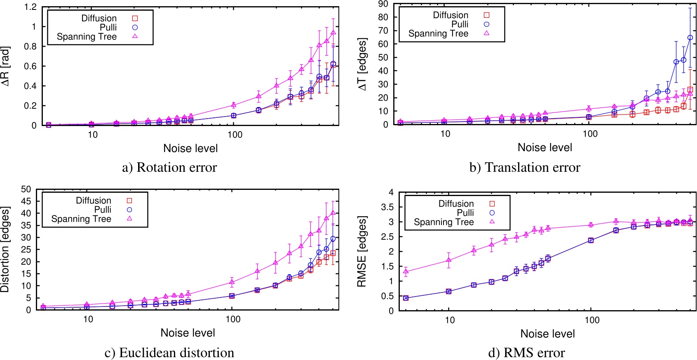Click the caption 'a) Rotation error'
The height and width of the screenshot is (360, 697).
click(169, 167)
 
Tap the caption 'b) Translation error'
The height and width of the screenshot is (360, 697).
click(524, 167)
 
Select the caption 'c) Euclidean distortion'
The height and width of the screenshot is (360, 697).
click(169, 353)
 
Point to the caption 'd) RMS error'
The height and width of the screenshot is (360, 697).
click(526, 353)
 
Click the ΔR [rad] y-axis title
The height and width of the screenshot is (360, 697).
click(5, 66)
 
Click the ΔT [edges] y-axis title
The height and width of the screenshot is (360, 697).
click(362, 64)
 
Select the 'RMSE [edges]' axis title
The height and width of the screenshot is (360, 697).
click(361, 251)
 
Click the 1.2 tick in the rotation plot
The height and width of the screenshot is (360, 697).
click(31, 7)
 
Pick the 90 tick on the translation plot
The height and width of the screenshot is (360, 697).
click(383, 4)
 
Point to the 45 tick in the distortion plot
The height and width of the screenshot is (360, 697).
click(26, 201)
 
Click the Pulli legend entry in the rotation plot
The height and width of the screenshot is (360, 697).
click(108, 27)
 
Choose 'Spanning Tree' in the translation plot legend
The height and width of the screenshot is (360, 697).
click(438, 33)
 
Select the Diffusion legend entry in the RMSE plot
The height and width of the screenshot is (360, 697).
click(456, 203)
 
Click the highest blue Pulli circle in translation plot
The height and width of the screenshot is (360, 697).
click(690, 37)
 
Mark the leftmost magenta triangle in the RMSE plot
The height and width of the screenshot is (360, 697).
click(406, 271)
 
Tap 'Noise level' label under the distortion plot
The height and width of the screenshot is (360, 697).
click(188, 333)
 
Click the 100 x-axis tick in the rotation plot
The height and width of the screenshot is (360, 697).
click(235, 135)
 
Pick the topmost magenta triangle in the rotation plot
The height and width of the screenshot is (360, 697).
click(333, 33)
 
